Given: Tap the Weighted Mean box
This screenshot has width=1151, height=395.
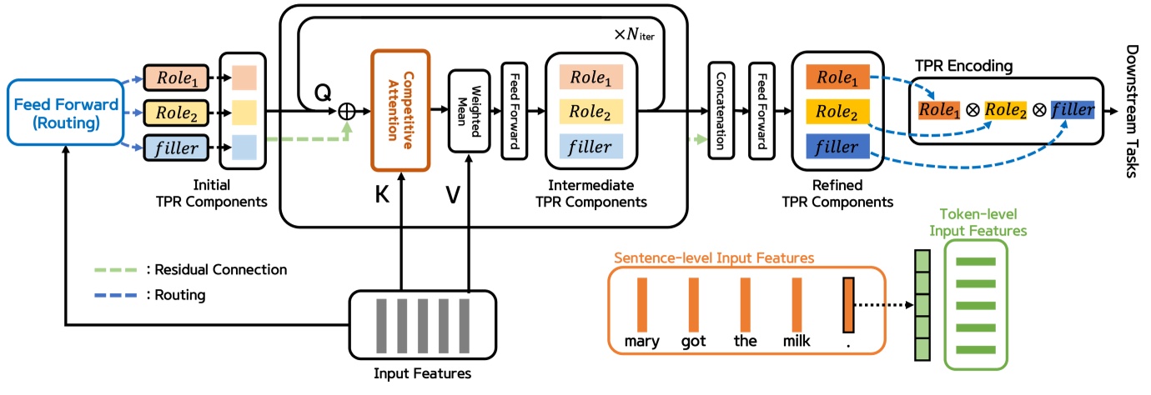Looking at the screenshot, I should (x=467, y=111).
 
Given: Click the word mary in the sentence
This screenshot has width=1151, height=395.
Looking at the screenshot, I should (x=642, y=340).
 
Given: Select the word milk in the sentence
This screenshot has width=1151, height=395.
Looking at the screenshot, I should (x=797, y=340).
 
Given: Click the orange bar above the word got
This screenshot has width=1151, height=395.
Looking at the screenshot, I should (x=694, y=303).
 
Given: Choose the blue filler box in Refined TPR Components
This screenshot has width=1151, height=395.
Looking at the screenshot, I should (x=838, y=147).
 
